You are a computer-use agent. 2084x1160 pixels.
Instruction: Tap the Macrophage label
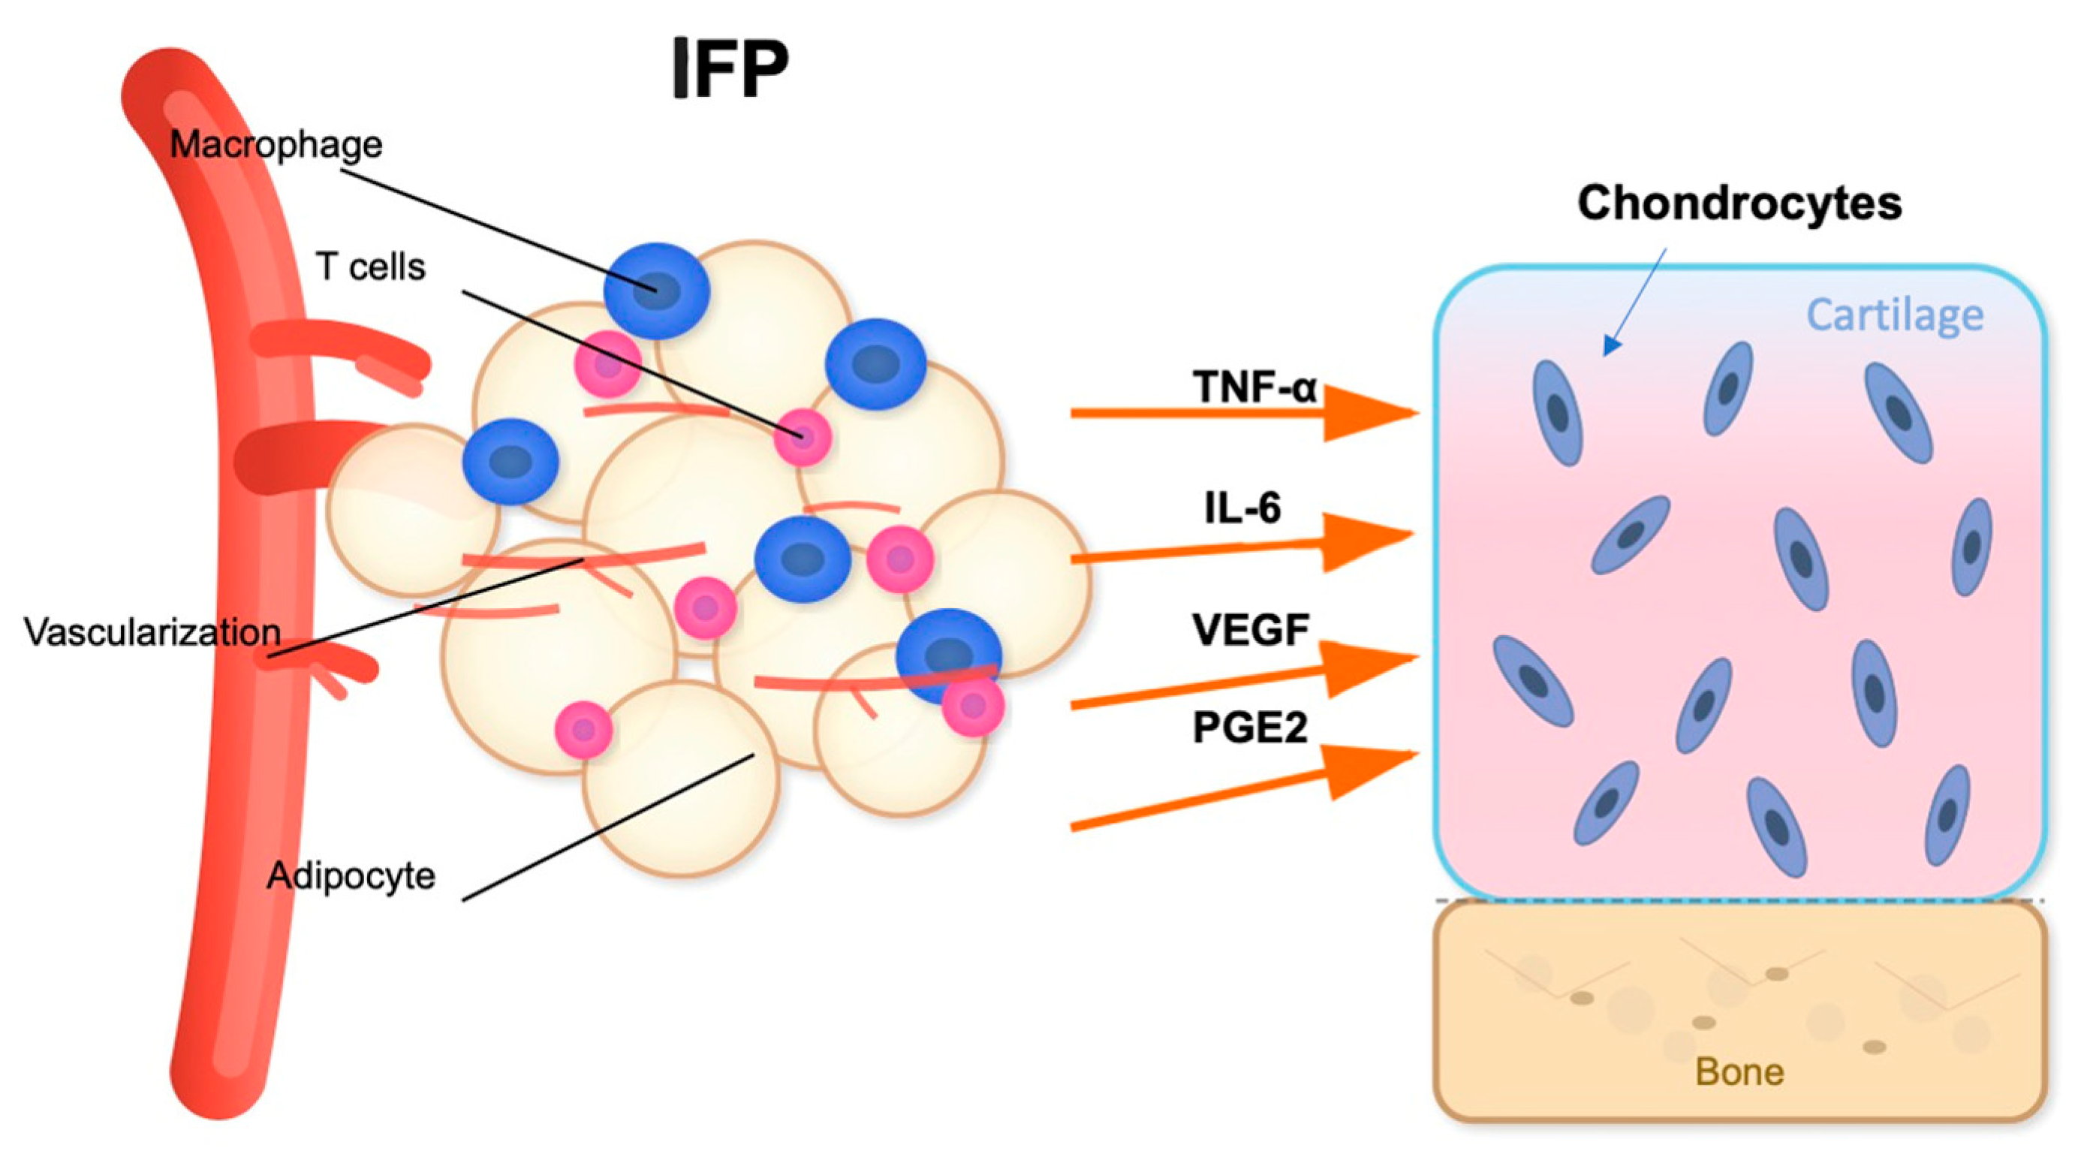276,145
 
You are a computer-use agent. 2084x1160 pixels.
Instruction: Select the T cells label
371,267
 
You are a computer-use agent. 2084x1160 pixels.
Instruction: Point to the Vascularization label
152,631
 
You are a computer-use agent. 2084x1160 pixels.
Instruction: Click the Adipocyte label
351,875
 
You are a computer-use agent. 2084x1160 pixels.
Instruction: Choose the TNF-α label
1254,387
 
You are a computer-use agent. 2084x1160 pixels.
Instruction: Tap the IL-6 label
1242,508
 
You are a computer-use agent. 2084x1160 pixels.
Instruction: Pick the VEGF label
1251,630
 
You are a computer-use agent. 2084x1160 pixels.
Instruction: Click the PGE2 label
1250,728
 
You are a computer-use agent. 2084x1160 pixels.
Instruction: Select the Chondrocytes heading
1739,202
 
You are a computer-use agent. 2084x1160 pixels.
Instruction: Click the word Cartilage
1895,315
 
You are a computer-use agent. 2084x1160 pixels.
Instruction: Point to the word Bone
1739,1072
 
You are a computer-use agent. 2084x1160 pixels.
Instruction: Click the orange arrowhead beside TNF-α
1367,414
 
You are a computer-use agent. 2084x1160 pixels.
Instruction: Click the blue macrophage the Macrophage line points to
656,291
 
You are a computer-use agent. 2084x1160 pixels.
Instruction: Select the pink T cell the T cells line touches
802,438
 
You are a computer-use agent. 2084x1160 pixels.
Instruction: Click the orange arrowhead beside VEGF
1367,665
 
